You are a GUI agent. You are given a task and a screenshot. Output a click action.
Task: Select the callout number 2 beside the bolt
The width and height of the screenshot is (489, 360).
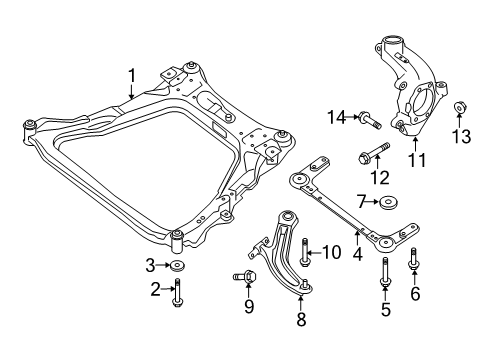click(x=155, y=289)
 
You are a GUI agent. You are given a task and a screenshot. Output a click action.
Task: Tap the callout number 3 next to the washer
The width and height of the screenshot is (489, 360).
click(x=152, y=265)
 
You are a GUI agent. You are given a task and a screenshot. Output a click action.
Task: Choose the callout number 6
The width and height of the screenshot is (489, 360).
click(x=415, y=295)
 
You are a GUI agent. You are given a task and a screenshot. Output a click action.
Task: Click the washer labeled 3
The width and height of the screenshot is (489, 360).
click(x=177, y=265)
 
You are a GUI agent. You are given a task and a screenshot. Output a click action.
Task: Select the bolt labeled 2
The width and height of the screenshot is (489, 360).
click(x=177, y=292)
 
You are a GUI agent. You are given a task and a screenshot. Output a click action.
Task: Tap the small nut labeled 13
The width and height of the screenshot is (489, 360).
click(x=463, y=109)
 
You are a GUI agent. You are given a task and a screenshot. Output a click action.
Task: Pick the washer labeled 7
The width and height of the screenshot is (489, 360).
click(x=388, y=204)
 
